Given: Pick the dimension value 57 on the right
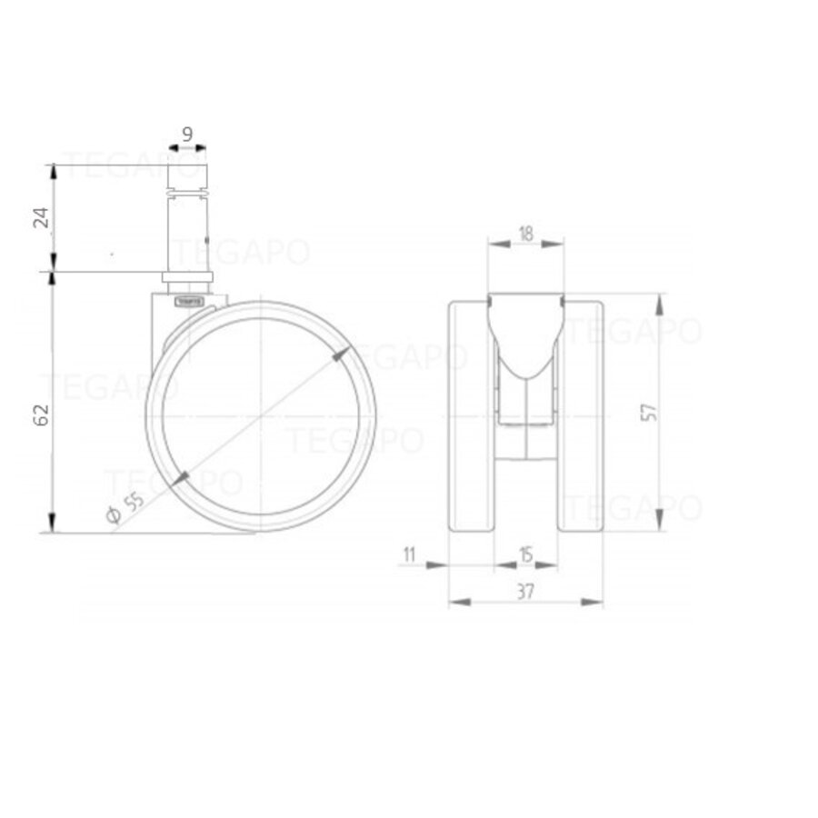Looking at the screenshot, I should pos(648,412).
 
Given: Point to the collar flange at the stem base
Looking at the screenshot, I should pos(187,276).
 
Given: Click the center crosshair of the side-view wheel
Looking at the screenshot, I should pos(261,416).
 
